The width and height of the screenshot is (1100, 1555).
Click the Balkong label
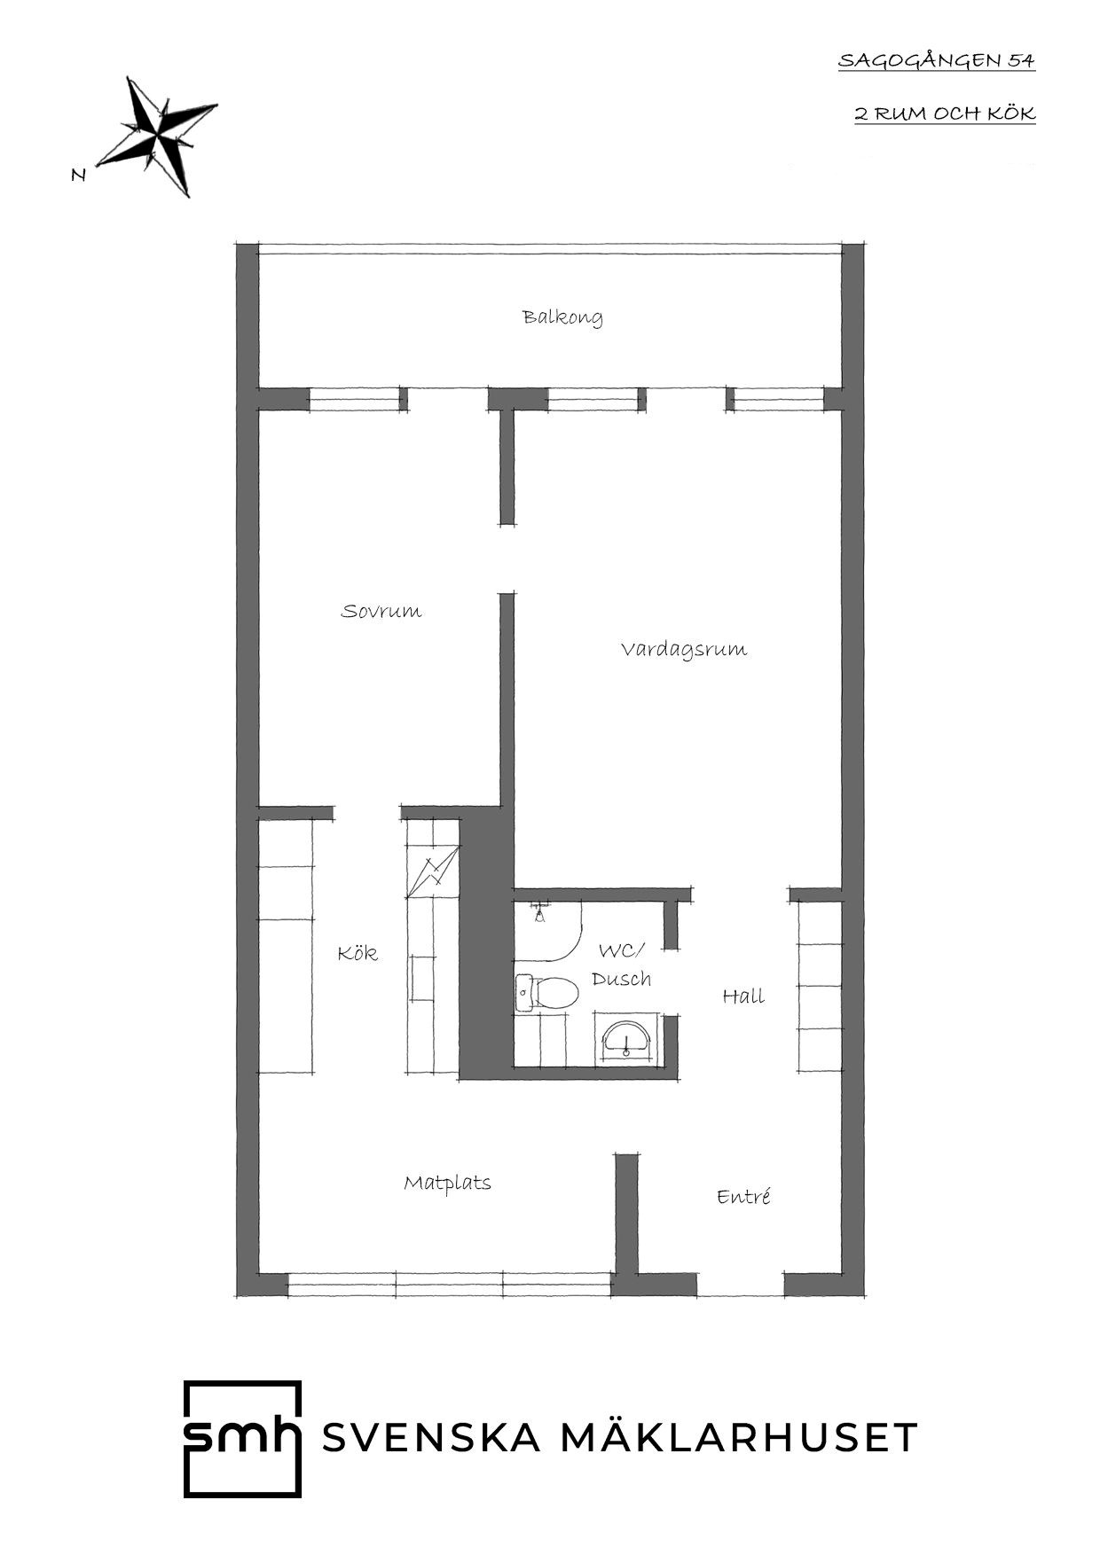pyautogui.click(x=562, y=317)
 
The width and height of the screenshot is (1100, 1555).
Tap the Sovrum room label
pyautogui.click(x=381, y=611)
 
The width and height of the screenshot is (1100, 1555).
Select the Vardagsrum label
pyautogui.click(x=683, y=649)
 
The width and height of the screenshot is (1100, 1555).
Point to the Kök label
pyautogui.click(x=357, y=953)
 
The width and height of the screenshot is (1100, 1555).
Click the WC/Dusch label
pyautogui.click(x=622, y=965)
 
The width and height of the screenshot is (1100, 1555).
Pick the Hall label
pyautogui.click(x=743, y=996)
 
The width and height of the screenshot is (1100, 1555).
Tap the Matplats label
pyautogui.click(x=447, y=1183)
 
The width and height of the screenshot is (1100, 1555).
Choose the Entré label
pyautogui.click(x=743, y=1197)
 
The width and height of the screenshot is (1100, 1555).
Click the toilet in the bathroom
pyautogui.click(x=546, y=992)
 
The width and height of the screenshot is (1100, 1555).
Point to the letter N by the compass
pyautogui.click(x=79, y=176)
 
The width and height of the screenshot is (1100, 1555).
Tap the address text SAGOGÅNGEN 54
pyautogui.click(x=937, y=61)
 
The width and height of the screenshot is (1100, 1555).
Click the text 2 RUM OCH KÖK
pyautogui.click(x=945, y=113)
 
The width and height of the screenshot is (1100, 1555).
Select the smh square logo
pyautogui.click(x=242, y=1439)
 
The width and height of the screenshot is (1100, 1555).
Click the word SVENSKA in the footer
pyautogui.click(x=431, y=1438)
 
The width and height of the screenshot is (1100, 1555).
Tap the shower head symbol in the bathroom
pyautogui.click(x=538, y=913)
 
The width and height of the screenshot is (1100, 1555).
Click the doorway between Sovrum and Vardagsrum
pyautogui.click(x=507, y=559)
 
